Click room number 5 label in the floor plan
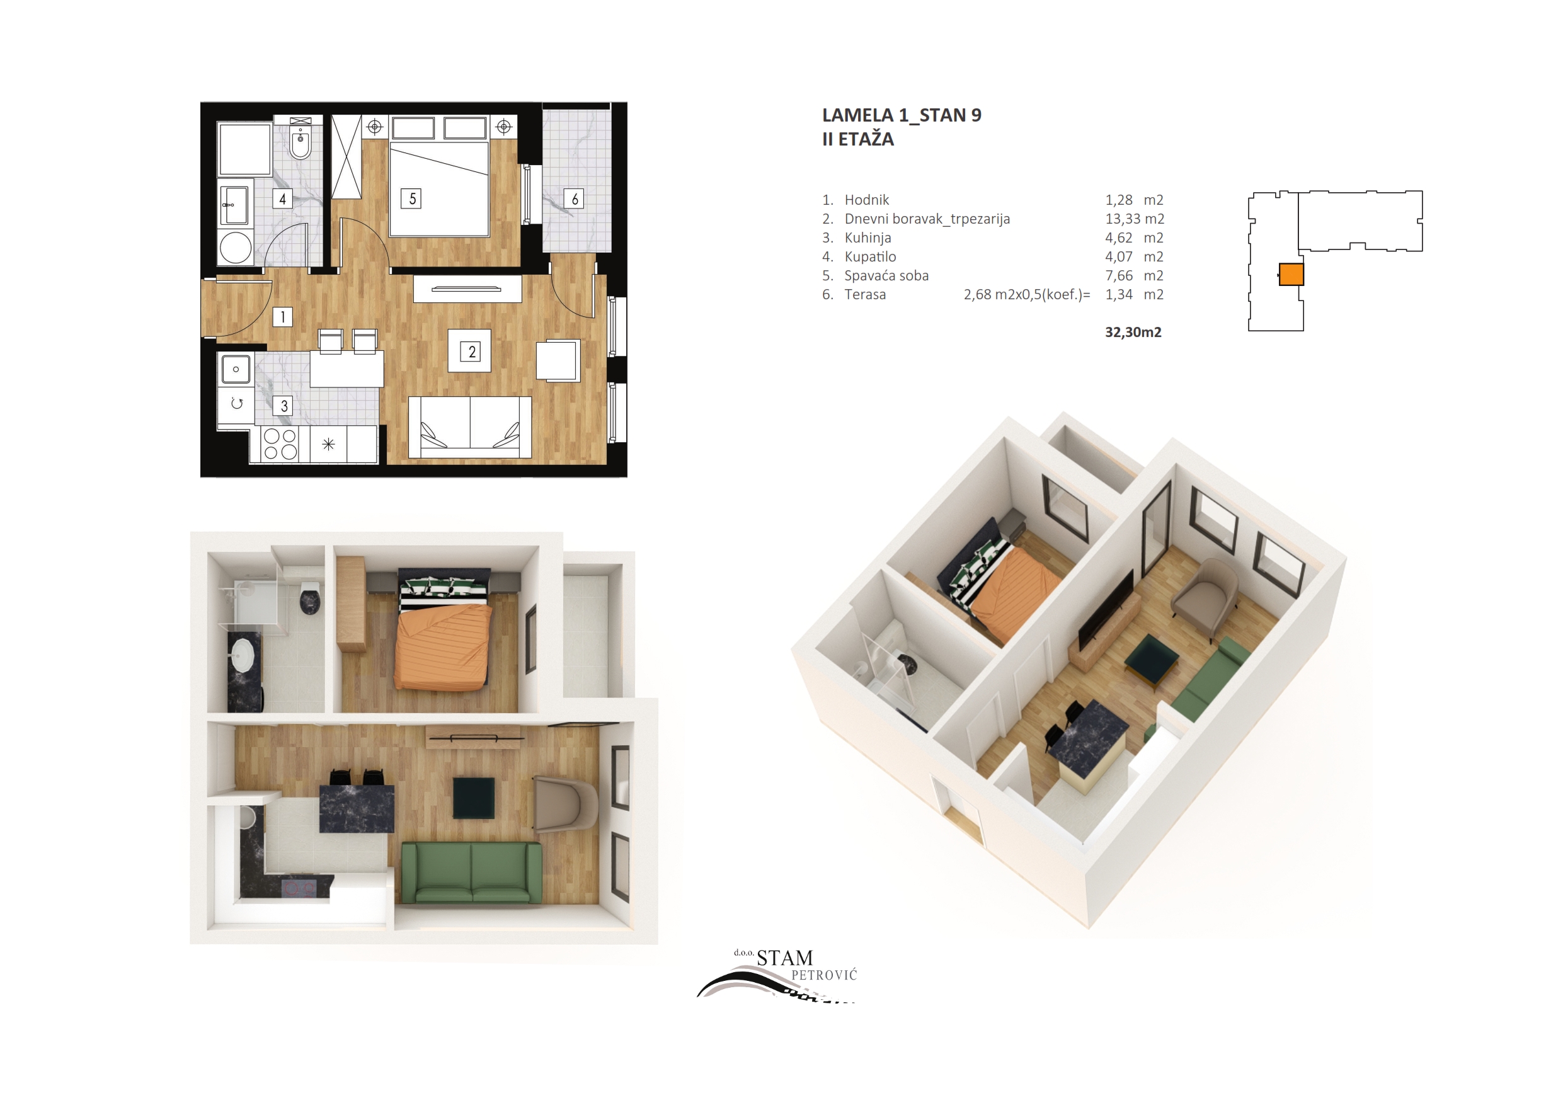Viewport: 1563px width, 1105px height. click(411, 199)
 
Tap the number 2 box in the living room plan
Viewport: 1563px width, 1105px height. click(470, 352)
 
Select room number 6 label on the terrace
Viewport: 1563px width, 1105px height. click(574, 199)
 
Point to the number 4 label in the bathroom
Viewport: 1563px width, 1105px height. click(282, 199)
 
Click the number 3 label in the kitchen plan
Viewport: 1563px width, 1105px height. click(283, 406)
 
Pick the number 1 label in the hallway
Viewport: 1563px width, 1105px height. click(282, 318)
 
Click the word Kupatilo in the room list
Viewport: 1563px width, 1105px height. click(870, 256)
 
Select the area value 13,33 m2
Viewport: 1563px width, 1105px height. click(1134, 219)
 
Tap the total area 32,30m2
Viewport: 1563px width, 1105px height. click(1133, 332)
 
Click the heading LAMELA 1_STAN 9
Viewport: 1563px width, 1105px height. click(902, 115)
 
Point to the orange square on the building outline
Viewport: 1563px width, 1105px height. click(1291, 275)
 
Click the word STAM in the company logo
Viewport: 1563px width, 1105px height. click(785, 958)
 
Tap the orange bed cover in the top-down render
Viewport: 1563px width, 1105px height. click(443, 647)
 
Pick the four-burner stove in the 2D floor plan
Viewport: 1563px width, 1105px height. click(280, 444)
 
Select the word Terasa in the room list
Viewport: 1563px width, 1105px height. click(865, 295)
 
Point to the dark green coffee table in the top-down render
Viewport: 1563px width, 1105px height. click(474, 798)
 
